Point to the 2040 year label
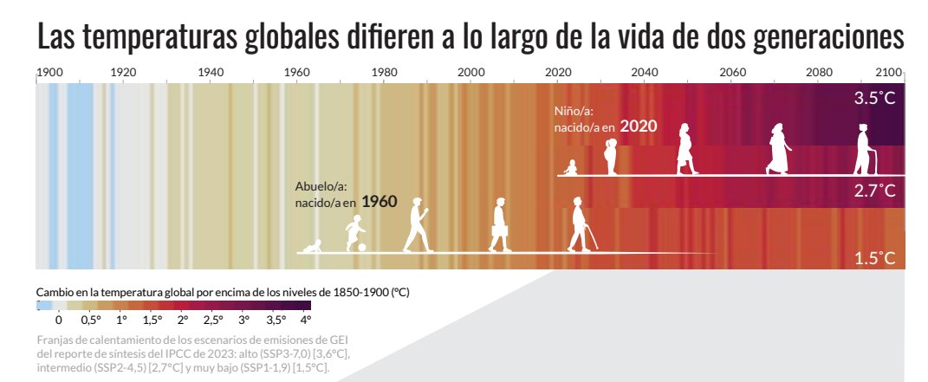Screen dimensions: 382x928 pos(643,72)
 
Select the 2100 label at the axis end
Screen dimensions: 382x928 pos(889,72)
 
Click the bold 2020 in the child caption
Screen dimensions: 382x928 pos(638,126)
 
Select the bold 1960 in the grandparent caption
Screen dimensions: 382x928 pos(379,202)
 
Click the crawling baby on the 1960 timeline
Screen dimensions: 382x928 pos(310,248)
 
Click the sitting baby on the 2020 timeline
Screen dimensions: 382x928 pos(570,167)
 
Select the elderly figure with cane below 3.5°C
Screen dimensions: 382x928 pos(863,150)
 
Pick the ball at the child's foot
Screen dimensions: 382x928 pos(361,248)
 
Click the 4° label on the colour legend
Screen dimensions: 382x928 pos(305,319)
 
